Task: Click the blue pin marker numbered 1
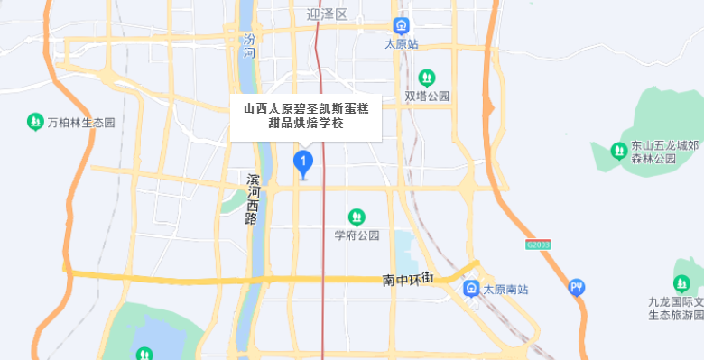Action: [x=304, y=163]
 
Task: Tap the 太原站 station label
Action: [x=401, y=43]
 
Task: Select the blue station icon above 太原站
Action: [x=401, y=26]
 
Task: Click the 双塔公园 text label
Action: [x=427, y=97]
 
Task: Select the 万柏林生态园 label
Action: [x=81, y=121]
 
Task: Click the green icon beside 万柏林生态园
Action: [x=35, y=120]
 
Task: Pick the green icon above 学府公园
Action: [x=357, y=217]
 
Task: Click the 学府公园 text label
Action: [x=357, y=235]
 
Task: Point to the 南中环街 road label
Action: [x=408, y=280]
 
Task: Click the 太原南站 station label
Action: [x=505, y=290]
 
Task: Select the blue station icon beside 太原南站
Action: [x=471, y=289]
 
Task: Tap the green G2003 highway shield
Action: [x=537, y=245]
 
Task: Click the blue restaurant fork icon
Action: [x=577, y=288]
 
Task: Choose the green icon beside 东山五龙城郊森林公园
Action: [x=619, y=151]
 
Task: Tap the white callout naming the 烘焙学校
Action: [x=306, y=118]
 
